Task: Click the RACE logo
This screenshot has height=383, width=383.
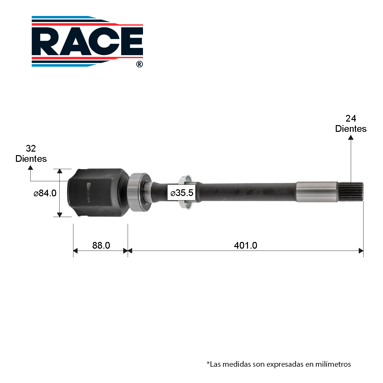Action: (x=87, y=41)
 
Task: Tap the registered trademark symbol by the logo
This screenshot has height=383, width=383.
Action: (x=139, y=64)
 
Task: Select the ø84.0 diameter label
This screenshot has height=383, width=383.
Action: (x=45, y=193)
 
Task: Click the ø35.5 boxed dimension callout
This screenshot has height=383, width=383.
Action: (x=182, y=192)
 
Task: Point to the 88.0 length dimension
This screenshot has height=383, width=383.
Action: (x=101, y=245)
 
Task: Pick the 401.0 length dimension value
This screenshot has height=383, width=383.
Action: (x=245, y=245)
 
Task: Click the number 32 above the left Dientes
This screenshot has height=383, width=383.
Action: (x=31, y=148)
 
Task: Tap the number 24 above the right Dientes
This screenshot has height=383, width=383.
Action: (x=350, y=118)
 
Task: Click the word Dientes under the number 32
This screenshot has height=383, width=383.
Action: (x=31, y=159)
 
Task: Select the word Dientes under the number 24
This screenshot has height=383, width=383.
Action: (x=351, y=129)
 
